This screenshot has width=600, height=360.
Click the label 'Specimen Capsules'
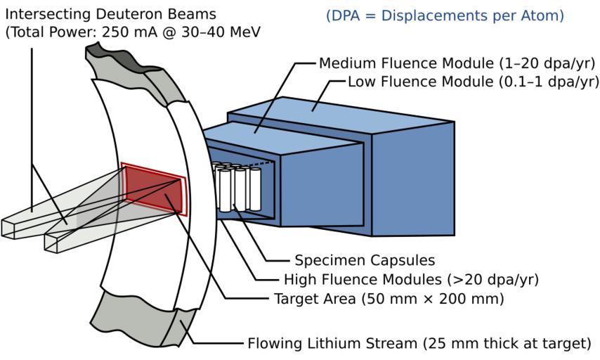355,260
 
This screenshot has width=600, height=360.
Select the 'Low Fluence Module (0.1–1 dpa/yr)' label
473,82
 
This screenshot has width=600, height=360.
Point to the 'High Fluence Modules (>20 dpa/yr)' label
411,280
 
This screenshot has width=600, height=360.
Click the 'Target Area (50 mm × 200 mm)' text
389,299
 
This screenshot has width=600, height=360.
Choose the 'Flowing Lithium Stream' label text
333,344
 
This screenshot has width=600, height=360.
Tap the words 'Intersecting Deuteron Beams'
110,14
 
